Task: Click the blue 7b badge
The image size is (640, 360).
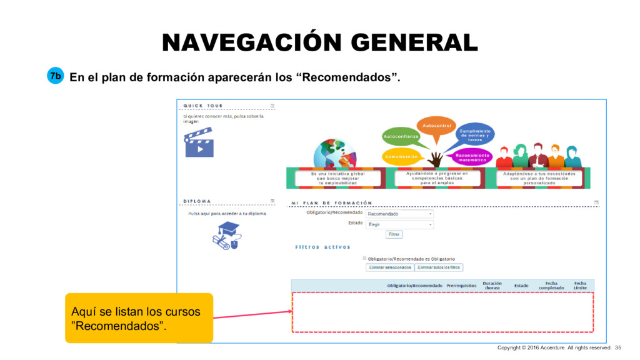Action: (56, 76)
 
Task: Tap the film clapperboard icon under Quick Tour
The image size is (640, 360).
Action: (199, 142)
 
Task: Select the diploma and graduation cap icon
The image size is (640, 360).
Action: (226, 235)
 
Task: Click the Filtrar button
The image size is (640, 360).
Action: (394, 234)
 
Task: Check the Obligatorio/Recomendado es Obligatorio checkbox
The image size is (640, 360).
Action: (364, 258)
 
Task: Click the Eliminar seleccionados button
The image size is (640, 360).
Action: (389, 267)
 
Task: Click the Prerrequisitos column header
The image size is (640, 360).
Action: (461, 286)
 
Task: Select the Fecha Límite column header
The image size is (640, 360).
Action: (580, 285)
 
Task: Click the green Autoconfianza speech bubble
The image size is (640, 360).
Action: (401, 136)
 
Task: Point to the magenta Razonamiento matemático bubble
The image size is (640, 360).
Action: (472, 157)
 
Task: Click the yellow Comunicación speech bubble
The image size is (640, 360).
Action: (401, 157)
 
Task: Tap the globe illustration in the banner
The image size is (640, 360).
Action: (334, 154)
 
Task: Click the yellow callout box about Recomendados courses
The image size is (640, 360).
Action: (139, 317)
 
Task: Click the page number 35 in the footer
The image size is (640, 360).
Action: (618, 347)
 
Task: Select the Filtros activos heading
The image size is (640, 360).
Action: (322, 247)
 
